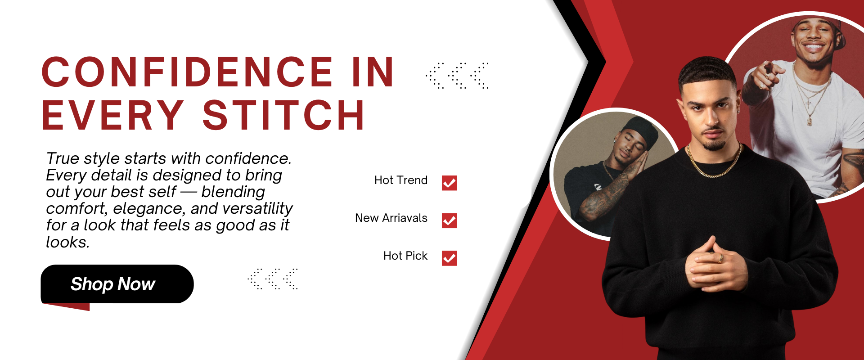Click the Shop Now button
pos(117,284)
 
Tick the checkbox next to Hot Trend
pos(449,183)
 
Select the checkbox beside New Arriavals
pos(449,220)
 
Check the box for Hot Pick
pos(449,258)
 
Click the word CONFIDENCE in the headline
pos(187,72)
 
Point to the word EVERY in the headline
pos(113,115)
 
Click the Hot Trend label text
pos(401,180)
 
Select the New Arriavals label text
pos(391,218)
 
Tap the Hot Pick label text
pos(405,256)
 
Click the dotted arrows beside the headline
pos(457,76)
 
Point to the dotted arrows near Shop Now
pos(273,279)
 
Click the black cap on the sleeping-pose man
pos(639,128)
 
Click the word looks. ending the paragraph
pos(68,242)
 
